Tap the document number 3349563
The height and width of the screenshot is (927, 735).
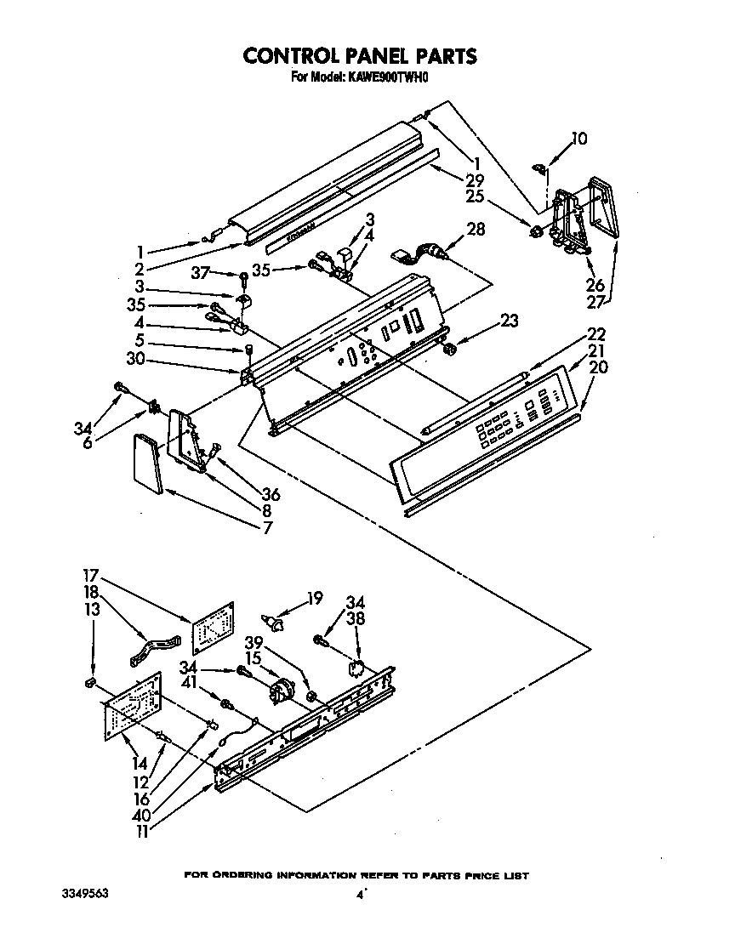coord(85,895)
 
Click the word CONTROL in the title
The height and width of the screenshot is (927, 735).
coord(292,56)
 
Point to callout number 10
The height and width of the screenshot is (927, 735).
coord(578,138)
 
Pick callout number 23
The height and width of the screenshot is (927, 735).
coord(509,321)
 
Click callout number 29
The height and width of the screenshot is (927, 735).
coord(475,179)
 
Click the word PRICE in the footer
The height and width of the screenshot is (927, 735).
coord(473,875)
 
